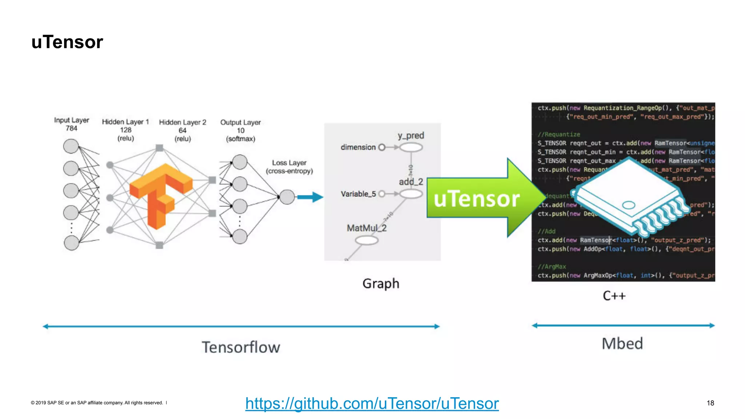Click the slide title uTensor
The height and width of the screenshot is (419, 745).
67,42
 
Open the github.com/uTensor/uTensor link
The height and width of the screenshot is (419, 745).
372,403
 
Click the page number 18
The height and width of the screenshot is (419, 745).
710,403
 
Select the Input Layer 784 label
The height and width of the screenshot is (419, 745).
72,124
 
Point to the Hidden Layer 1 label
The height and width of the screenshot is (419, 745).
126,122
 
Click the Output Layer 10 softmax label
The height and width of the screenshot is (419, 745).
240,130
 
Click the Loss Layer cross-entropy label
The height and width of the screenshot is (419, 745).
289,167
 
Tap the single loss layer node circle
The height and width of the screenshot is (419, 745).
287,197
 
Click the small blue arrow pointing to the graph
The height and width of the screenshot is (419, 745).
310,197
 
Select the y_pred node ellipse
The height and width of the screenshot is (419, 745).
411,147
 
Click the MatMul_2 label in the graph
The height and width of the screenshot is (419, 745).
366,228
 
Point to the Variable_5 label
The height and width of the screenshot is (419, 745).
358,194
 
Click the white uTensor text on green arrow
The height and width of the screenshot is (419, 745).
477,199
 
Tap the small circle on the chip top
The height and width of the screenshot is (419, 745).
628,205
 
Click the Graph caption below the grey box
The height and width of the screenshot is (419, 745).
381,283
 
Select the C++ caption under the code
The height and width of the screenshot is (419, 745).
614,296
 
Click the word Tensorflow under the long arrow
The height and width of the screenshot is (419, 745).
241,347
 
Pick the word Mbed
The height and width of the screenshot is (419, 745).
622,344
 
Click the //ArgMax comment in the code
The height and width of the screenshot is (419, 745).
552,267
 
